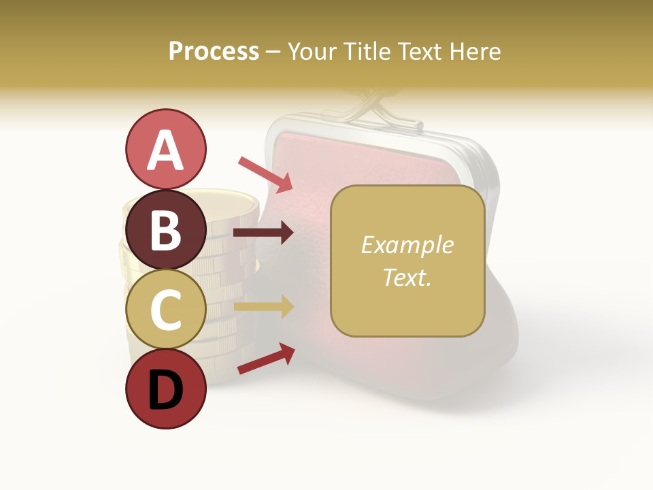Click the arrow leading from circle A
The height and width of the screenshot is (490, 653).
pos(265,174)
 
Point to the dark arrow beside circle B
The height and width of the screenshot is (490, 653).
pos(263,233)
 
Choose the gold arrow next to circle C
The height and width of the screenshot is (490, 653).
pos(264,307)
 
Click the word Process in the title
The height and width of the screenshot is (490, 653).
pos(214,52)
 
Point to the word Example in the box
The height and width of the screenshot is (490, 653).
pos(407,245)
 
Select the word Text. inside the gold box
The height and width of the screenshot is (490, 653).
pos(407,277)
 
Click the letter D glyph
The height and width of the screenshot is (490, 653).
pos(165,391)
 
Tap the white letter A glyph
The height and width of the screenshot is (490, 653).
pos(165,150)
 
